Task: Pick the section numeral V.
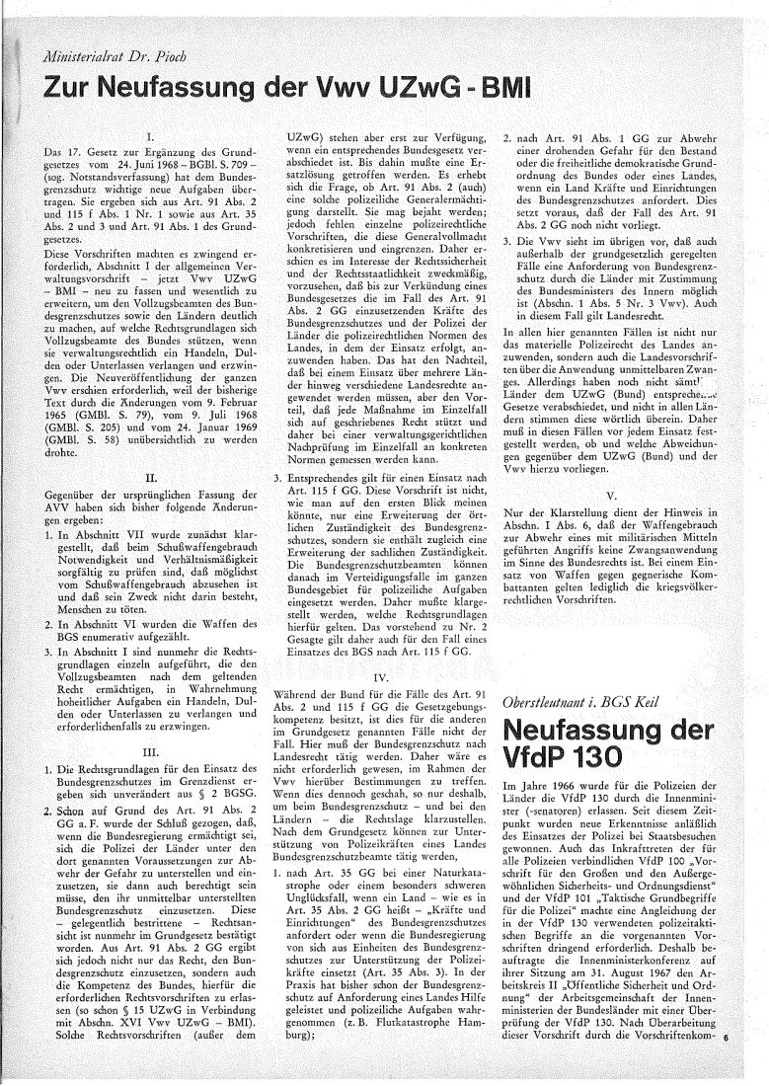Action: pyautogui.click(x=613, y=496)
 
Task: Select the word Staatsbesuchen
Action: pyautogui.click(x=660, y=848)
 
